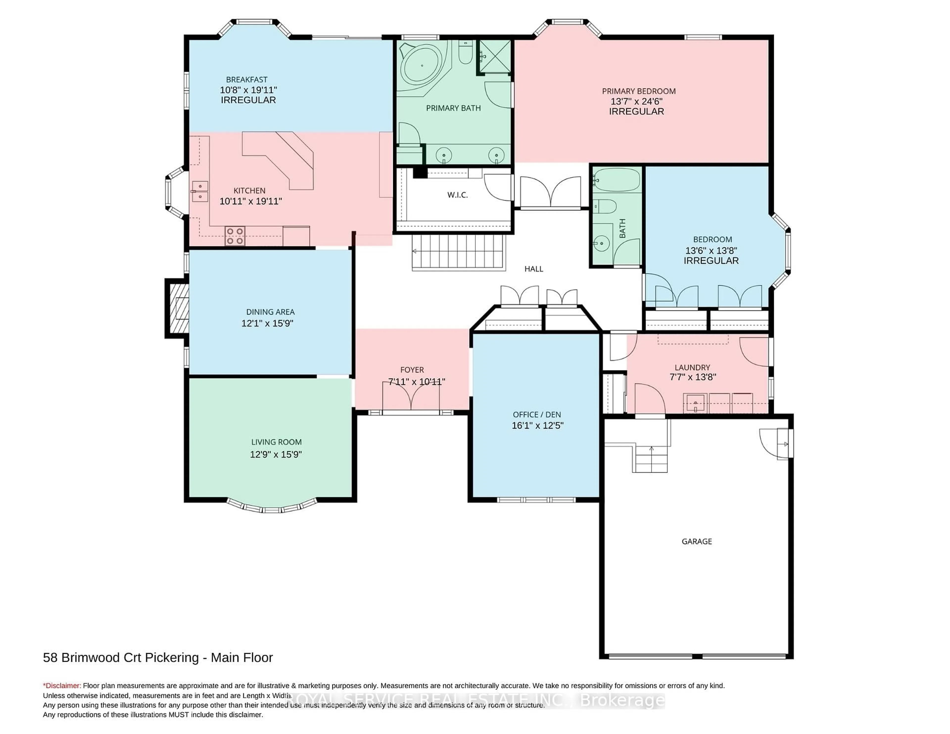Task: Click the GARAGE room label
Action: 696,541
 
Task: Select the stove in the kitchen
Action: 235,236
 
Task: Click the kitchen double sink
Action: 200,192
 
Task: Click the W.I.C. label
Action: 457,195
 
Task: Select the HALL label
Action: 533,269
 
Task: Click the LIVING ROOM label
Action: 276,442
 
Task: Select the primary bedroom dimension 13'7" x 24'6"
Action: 636,101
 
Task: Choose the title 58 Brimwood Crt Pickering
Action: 121,658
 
